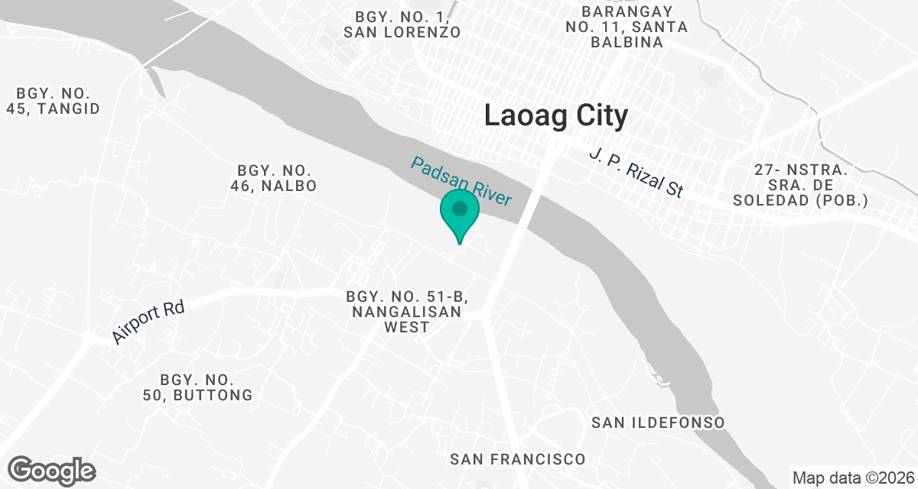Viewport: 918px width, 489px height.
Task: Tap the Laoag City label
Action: (x=556, y=116)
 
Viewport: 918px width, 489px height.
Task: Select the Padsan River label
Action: (x=461, y=181)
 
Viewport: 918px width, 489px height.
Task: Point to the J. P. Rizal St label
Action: (x=636, y=173)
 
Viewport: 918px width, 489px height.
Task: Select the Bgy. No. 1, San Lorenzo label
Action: (x=402, y=24)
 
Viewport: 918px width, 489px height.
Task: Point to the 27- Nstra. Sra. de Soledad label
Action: (x=800, y=185)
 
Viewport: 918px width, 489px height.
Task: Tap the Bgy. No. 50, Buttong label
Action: (x=197, y=387)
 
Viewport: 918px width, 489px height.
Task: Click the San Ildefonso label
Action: (x=658, y=423)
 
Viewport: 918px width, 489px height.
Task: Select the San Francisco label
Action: (x=517, y=459)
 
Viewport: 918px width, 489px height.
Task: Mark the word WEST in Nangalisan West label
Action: (x=406, y=327)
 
